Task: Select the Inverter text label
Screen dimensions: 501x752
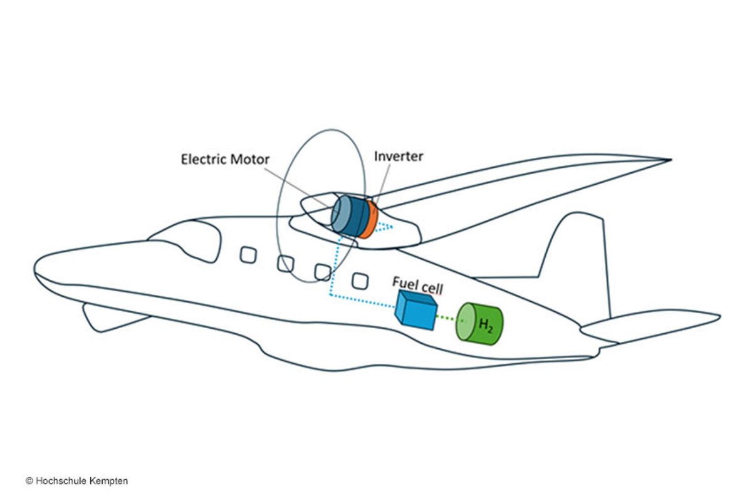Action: (x=399, y=156)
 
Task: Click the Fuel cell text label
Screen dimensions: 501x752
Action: (x=417, y=287)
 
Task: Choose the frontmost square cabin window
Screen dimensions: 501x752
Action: (x=249, y=256)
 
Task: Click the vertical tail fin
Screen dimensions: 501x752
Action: (x=580, y=250)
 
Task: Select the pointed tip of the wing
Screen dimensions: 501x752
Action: (x=668, y=160)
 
